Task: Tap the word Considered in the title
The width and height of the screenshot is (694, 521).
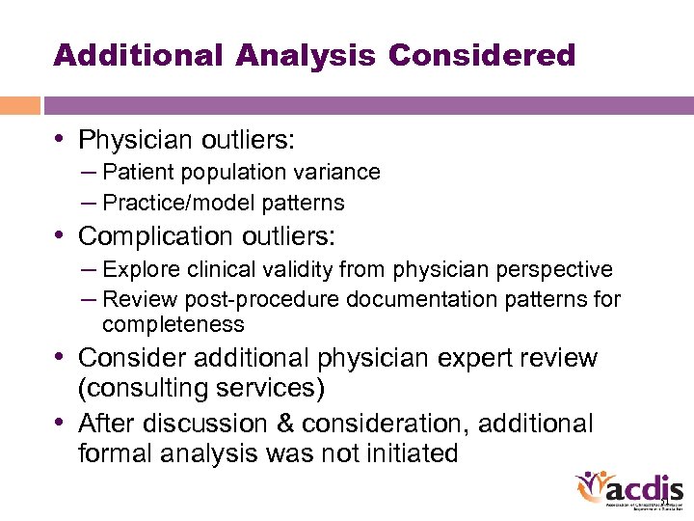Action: click(481, 55)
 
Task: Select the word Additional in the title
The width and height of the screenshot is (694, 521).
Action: click(139, 55)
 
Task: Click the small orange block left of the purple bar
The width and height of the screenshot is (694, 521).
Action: click(19, 105)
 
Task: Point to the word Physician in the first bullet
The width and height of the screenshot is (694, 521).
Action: click(135, 141)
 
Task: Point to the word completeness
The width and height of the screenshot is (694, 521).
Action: click(173, 324)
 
